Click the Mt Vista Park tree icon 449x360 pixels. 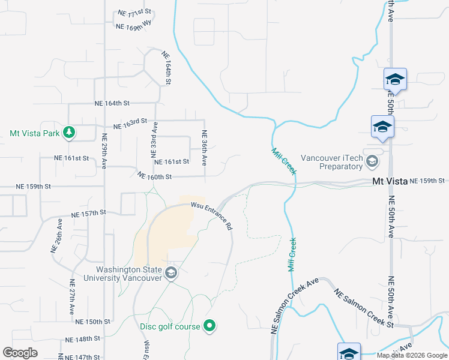[x=70, y=133]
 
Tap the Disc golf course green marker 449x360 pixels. [x=209, y=326]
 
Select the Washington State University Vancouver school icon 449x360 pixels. [x=171, y=274]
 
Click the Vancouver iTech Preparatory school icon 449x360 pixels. [x=372, y=161]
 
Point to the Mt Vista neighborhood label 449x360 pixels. [x=390, y=181]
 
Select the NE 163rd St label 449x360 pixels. [x=130, y=125]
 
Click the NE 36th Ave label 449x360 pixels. [x=205, y=148]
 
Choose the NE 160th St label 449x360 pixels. [x=155, y=176]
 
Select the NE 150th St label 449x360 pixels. [x=93, y=322]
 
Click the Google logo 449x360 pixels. [x=20, y=353]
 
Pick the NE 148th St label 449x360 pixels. [x=83, y=339]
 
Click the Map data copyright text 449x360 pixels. [x=412, y=355]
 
